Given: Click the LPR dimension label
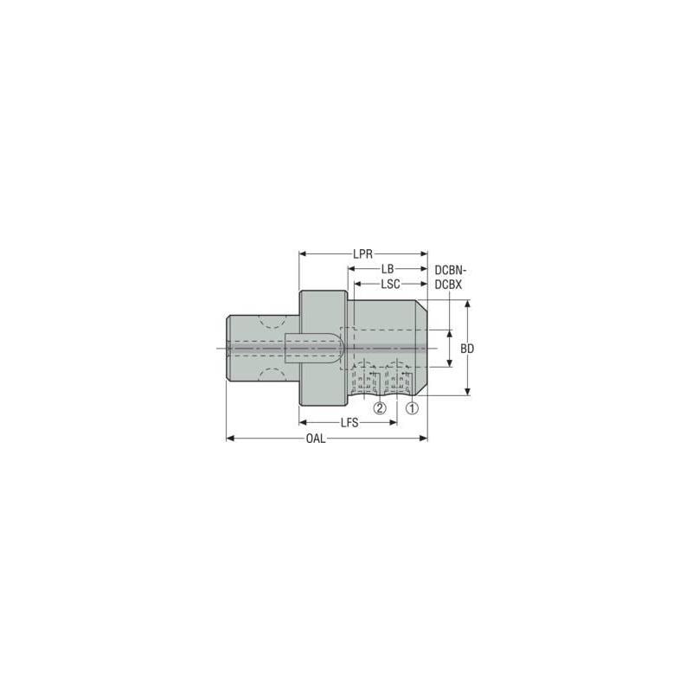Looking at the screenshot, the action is point(362,254).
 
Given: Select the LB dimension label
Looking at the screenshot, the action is point(388,269).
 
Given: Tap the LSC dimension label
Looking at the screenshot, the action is point(391,284).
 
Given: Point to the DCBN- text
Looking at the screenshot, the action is point(451,270).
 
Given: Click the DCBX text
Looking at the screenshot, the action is point(448,285).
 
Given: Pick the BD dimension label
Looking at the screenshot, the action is point(467,349).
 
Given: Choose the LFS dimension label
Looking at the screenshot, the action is point(349,423).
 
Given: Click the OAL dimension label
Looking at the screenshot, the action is point(316,439).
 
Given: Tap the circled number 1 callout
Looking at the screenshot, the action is point(412,408).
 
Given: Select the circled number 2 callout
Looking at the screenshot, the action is point(380,408).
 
